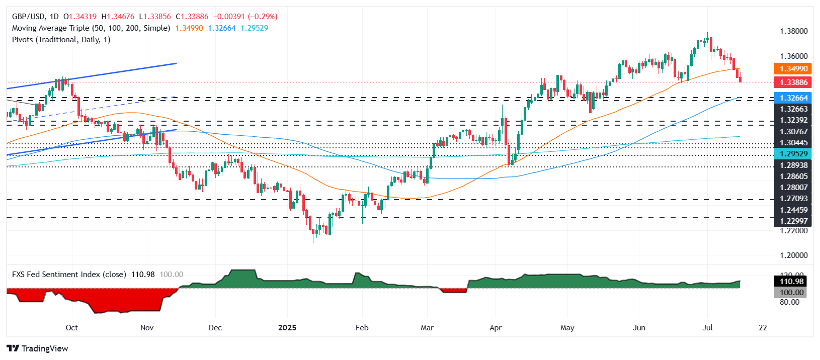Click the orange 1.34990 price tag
(793, 69)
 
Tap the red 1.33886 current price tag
(793, 82)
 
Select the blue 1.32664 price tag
(793, 98)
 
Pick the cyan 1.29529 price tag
(793, 154)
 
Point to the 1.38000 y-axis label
(793, 31)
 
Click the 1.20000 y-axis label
(793, 255)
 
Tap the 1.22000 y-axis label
(793, 231)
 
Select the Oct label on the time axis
(72, 328)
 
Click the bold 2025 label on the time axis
(287, 328)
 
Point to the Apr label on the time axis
(496, 328)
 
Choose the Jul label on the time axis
(707, 328)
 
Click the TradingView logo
(38, 348)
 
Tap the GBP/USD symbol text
(28, 17)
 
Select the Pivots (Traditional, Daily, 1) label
(61, 40)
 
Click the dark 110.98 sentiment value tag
(791, 282)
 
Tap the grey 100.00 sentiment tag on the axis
(791, 293)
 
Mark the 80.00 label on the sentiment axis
(789, 302)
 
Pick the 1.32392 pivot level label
(793, 120)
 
